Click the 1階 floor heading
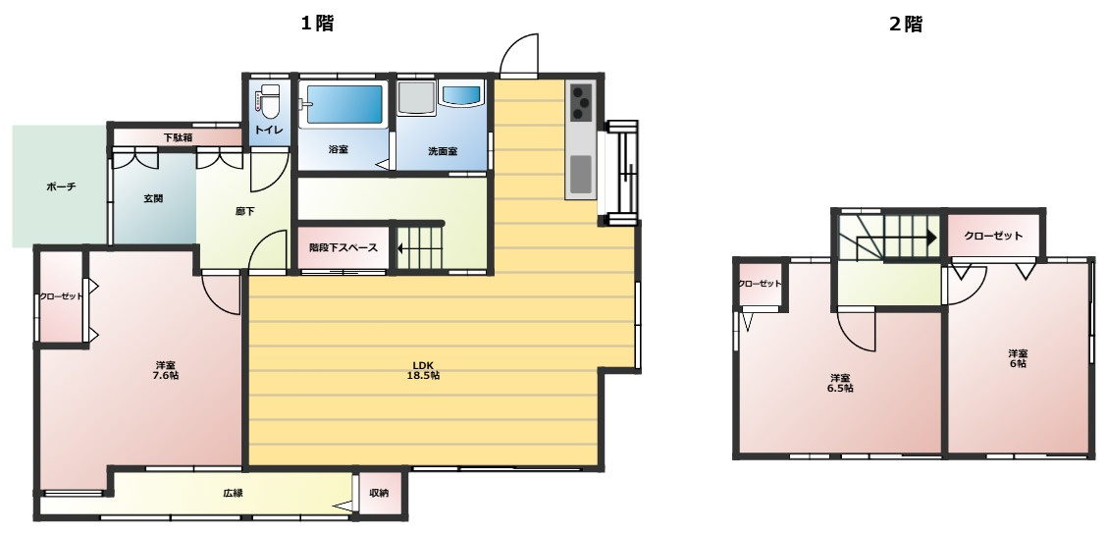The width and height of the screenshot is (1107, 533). tap(317, 24)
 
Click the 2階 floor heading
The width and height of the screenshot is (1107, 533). tap(905, 24)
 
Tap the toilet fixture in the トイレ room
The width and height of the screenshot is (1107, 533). tap(268, 102)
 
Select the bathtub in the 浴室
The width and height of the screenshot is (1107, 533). tap(343, 104)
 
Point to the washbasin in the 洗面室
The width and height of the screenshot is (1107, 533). tap(461, 94)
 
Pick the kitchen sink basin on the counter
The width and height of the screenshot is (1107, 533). tap(581, 175)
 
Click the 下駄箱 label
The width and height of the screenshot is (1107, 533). tap(178, 137)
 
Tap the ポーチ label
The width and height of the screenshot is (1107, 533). tap(61, 187)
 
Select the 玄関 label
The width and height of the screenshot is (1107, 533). tap(153, 199)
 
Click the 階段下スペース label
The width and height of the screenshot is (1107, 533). tap(343, 247)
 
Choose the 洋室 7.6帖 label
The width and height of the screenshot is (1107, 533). tap(166, 370)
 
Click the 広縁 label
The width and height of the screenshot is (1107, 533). tap(233, 493)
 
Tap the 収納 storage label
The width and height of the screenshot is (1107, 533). tap(379, 493)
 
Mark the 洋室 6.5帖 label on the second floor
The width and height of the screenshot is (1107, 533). tap(839, 383)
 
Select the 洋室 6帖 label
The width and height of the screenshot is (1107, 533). tap(1018, 358)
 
